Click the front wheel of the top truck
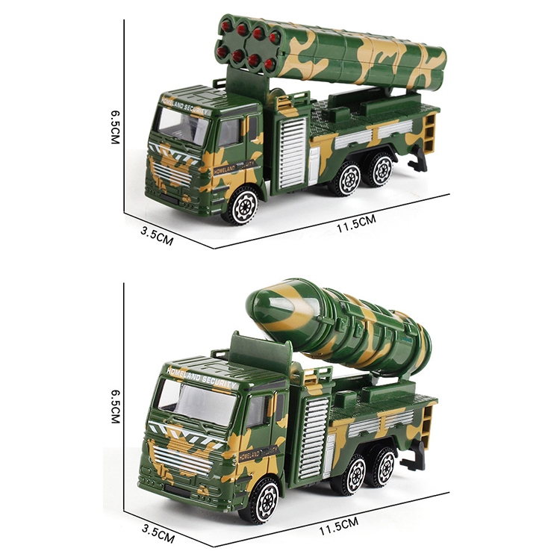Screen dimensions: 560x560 coord(242,206)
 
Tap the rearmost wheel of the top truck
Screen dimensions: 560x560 coord(381,169)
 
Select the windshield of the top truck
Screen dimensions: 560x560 coord(182,124)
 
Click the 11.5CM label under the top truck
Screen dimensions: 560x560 coord(356,223)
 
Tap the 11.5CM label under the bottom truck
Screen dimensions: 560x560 coord(338,526)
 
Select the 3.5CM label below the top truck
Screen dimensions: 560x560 coord(157,235)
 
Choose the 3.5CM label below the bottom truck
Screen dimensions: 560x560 coord(158,533)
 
